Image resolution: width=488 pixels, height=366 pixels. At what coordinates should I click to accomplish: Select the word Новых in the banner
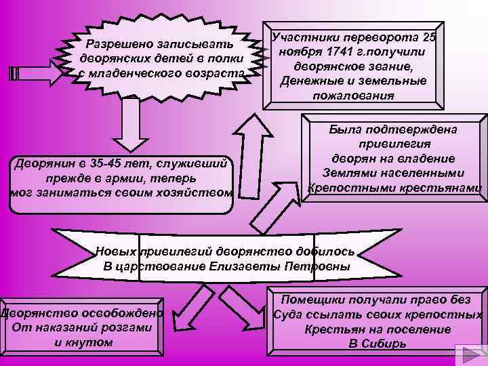pyautogui.click(x=117, y=251)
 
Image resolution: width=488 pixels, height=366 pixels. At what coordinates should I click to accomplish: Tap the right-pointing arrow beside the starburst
pyautogui.click(x=35, y=72)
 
